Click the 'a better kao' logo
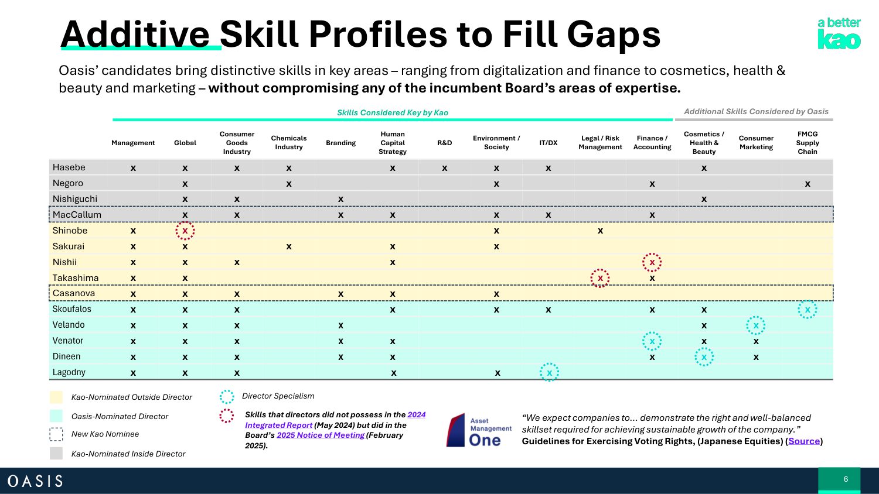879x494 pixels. [x=839, y=34]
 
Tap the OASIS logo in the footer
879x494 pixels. [x=35, y=481]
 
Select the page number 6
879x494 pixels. [x=846, y=479]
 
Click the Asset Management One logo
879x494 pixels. [x=479, y=430]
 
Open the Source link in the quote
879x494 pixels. [x=804, y=441]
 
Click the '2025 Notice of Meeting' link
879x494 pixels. [x=321, y=435]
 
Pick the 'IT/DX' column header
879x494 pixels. [x=548, y=143]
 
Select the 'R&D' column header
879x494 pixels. [x=444, y=143]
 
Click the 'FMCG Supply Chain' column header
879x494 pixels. [x=807, y=143]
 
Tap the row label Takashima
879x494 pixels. [x=76, y=278]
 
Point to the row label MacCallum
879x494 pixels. [x=77, y=215]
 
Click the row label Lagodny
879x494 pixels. [x=69, y=372]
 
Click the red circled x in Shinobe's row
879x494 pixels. [x=185, y=231]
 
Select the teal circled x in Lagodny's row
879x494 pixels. [x=549, y=372]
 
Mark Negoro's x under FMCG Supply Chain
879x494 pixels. [x=807, y=184]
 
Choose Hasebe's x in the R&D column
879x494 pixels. [x=444, y=168]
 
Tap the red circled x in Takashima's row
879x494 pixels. [x=599, y=279]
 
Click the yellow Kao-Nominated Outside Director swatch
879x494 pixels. [x=56, y=397]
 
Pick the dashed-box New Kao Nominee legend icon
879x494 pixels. [x=56, y=434]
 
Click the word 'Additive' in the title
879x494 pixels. [x=135, y=35]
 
